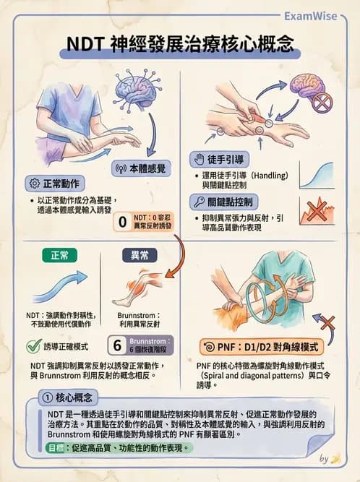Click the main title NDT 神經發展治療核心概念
click(x=180, y=45)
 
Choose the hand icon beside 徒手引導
click(x=200, y=159)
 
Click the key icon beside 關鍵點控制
click(x=200, y=202)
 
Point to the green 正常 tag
click(x=60, y=255)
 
